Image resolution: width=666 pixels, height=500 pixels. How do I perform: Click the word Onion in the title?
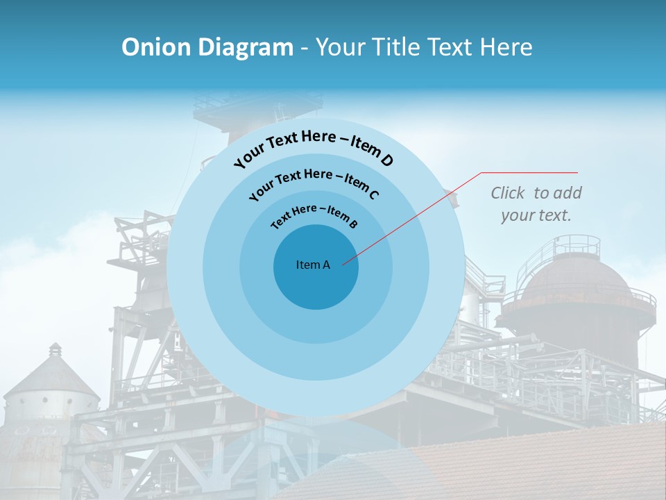click(155, 47)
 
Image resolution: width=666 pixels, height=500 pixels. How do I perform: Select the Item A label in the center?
click(313, 265)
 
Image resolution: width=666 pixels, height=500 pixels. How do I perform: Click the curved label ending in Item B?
click(314, 215)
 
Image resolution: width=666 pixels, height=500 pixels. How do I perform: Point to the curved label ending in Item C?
click(314, 182)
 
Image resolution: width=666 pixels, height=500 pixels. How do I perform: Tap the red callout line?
click(416, 215)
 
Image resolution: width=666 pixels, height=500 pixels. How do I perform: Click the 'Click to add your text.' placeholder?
click(536, 204)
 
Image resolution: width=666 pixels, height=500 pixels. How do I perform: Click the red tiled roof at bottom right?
click(527, 465)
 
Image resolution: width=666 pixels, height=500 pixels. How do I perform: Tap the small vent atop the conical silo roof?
click(54, 347)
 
